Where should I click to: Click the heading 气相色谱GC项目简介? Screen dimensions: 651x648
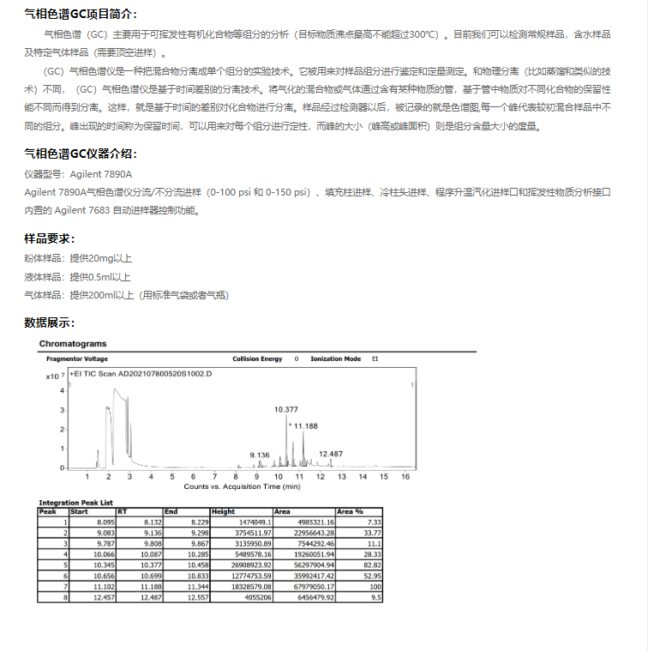(81, 15)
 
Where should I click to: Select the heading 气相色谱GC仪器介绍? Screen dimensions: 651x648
(81, 154)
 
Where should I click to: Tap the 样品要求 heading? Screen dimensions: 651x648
(50, 238)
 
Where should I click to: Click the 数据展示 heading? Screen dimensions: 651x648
(50, 322)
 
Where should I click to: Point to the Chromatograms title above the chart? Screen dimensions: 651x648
(73, 344)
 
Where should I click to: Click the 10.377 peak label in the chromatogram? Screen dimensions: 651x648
(286, 409)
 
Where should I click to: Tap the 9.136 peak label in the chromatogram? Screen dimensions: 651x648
(260, 454)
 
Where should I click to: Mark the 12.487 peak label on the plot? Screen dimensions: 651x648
(331, 453)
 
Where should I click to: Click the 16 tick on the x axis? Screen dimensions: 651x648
(405, 476)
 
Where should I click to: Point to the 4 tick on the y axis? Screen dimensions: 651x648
(62, 390)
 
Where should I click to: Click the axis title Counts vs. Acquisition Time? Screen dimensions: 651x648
(242, 485)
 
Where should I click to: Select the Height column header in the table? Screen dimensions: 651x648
(223, 511)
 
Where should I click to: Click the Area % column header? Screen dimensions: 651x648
(350, 511)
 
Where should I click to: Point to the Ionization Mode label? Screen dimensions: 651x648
(335, 359)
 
